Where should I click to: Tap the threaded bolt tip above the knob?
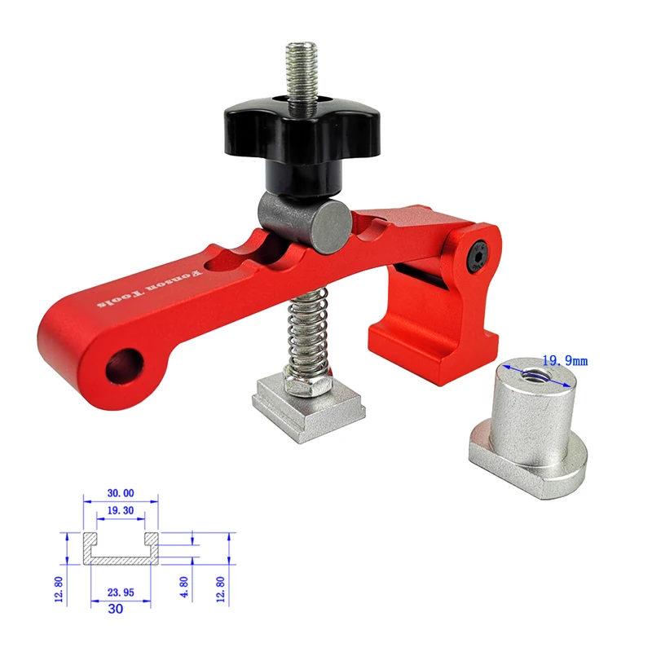(300, 65)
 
